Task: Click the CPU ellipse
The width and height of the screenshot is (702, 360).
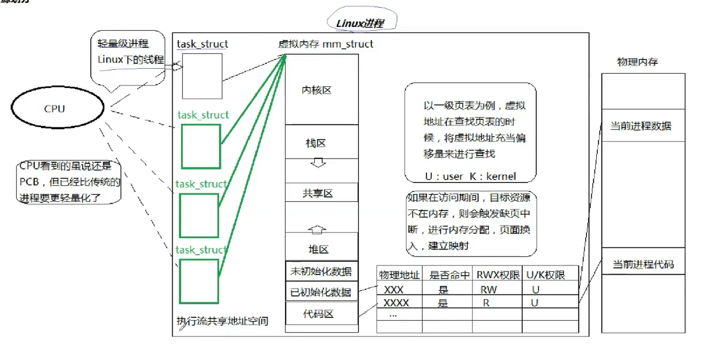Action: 57,108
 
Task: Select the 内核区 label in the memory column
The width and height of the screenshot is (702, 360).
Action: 316,90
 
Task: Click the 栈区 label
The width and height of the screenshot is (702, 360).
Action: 316,143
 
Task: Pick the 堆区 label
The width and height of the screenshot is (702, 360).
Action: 318,249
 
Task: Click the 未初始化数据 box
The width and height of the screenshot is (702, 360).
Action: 321,271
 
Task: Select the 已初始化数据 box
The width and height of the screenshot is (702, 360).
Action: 321,292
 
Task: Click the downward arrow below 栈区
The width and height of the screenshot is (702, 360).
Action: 318,163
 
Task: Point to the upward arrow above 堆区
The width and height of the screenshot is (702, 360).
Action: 317,229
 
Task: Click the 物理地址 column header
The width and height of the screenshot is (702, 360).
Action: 399,275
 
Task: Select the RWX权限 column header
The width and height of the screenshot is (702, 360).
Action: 498,275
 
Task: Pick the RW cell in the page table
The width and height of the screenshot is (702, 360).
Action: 488,290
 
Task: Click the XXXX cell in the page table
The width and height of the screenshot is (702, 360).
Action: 396,303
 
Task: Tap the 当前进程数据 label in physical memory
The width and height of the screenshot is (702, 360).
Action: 641,126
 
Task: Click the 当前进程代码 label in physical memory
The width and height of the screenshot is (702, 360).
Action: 643,264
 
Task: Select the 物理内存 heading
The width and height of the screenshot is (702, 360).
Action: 637,62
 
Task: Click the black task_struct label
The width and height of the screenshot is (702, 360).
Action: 202,44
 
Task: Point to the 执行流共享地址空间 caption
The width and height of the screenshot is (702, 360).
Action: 222,321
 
